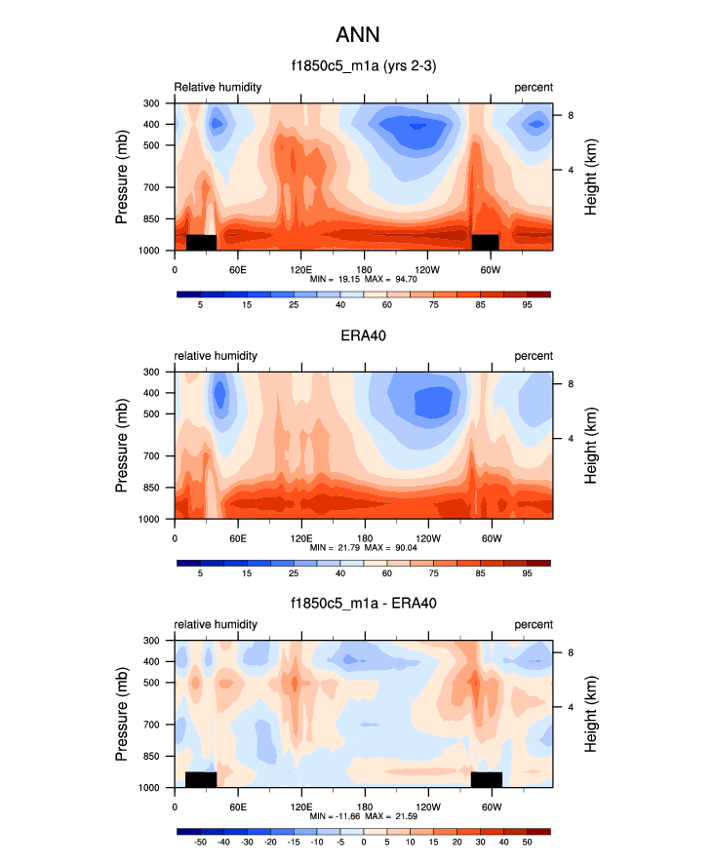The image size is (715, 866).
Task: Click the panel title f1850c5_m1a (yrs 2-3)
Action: coord(363,66)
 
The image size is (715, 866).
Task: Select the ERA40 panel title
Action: coord(363,335)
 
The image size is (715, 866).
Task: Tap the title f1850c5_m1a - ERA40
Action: coord(363,604)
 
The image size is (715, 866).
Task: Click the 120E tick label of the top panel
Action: coord(300,268)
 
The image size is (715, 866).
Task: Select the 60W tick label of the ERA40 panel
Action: coord(491,536)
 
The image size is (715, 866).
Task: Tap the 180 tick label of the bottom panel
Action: coord(364,806)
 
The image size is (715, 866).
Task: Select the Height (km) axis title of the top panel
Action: coord(591,177)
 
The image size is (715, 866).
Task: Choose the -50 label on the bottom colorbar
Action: coord(201,842)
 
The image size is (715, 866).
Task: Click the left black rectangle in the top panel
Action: coord(201,242)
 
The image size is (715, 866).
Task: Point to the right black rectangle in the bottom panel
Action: coord(486,779)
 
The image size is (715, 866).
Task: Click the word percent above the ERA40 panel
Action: coord(534,356)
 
